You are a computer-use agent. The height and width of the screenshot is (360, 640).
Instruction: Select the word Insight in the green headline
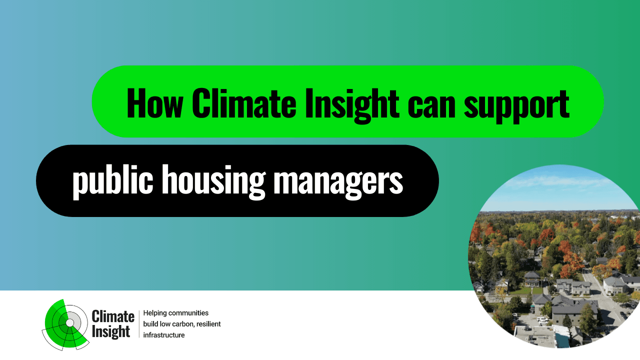point(351,105)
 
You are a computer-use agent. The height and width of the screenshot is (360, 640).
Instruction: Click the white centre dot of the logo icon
point(69,322)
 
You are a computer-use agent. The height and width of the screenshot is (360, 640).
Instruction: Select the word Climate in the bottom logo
point(113,316)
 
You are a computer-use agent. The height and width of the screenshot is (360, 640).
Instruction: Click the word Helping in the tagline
point(155,313)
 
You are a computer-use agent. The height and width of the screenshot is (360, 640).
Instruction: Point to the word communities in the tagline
point(188,313)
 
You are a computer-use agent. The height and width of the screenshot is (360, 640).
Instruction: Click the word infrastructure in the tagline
point(163,335)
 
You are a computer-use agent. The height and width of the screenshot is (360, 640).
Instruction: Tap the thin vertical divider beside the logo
point(139,324)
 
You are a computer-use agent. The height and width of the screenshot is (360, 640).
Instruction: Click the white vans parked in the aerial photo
point(542,320)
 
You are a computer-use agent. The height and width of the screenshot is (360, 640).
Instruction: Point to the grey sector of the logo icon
point(76,318)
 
